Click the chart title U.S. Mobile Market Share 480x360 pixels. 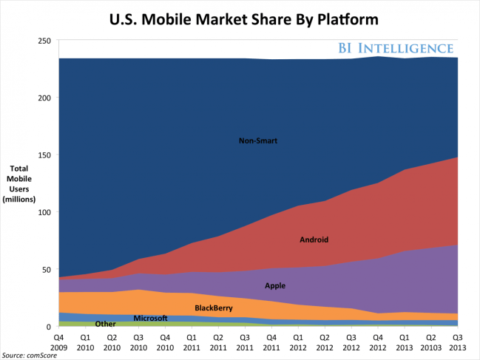pos(240,17)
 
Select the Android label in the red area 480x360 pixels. pos(314,240)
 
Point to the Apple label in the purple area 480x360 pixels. pos(274,285)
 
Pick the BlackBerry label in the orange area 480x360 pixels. pos(214,307)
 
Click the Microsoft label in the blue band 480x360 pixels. pos(150,318)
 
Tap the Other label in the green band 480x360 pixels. pos(105,324)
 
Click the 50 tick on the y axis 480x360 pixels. pos(44,270)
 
